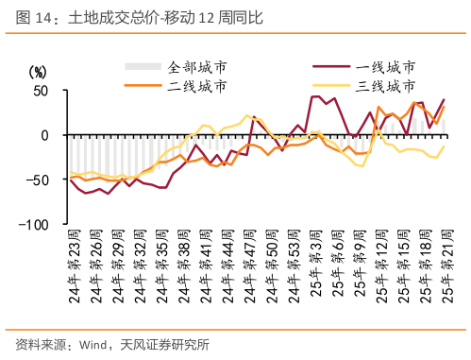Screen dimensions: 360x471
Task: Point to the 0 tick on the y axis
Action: [43, 135]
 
